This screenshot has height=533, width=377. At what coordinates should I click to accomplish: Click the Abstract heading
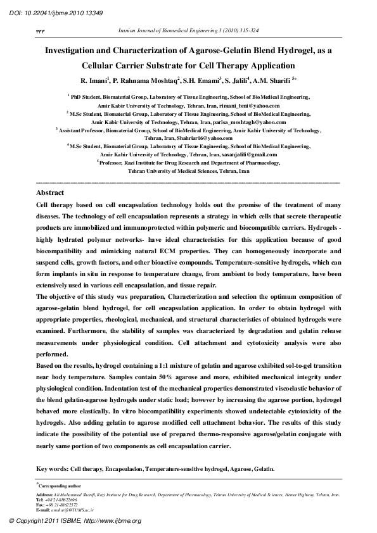(51, 192)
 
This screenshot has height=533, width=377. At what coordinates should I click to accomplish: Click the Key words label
(53, 469)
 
